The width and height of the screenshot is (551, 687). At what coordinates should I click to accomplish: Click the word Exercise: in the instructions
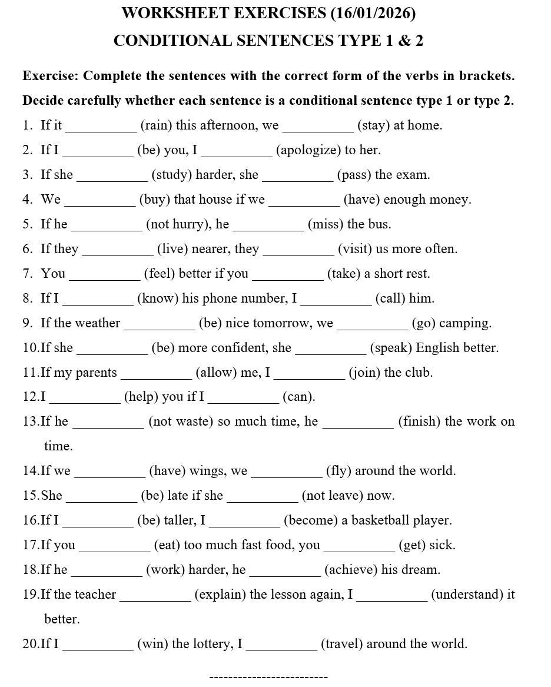50,76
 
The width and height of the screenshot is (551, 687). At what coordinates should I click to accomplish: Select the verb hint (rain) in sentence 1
155,125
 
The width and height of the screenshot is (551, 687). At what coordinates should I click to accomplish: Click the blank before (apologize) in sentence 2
237,151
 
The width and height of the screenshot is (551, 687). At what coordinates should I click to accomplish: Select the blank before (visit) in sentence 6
298,250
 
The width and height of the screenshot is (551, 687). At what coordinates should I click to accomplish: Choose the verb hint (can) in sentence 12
298,397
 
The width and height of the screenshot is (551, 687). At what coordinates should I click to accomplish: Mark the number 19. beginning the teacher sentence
31,595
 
